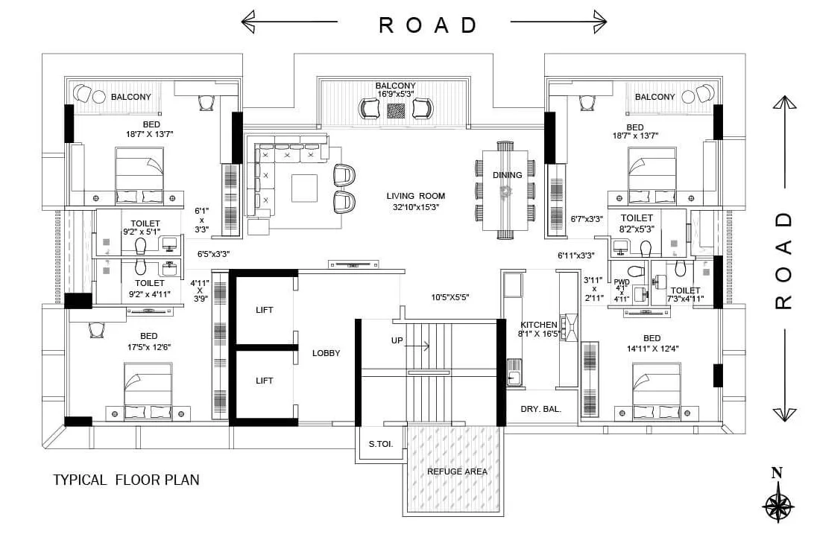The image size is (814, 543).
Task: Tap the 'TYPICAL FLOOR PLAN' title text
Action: [126, 480]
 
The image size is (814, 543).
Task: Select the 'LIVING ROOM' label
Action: [415, 196]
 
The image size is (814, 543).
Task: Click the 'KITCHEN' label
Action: [538, 325]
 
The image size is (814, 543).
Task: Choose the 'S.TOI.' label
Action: [381, 445]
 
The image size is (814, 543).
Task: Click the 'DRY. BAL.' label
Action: [540, 409]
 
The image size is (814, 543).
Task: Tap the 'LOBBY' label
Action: [326, 353]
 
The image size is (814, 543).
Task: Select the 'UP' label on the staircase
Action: [397, 340]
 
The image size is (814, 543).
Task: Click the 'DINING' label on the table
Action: [507, 175]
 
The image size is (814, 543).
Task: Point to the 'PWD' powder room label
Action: [622, 282]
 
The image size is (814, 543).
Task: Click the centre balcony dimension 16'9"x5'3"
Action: [396, 95]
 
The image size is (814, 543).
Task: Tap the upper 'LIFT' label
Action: [264, 310]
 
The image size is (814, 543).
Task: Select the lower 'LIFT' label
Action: [264, 381]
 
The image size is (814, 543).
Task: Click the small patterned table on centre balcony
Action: [396, 110]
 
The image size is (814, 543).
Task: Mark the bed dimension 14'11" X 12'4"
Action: [651, 348]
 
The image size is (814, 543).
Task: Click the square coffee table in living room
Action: [304, 188]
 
